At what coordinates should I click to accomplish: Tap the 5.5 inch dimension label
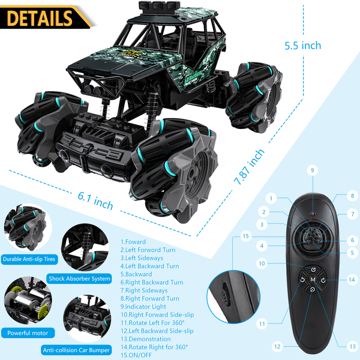point(303,46)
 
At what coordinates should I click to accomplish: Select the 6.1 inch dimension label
point(95,200)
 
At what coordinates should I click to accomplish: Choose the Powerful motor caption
point(28,332)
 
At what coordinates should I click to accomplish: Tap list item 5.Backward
point(136,274)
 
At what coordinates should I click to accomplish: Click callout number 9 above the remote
point(312,170)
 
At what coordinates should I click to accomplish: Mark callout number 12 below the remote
point(277,346)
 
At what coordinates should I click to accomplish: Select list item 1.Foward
point(133,242)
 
